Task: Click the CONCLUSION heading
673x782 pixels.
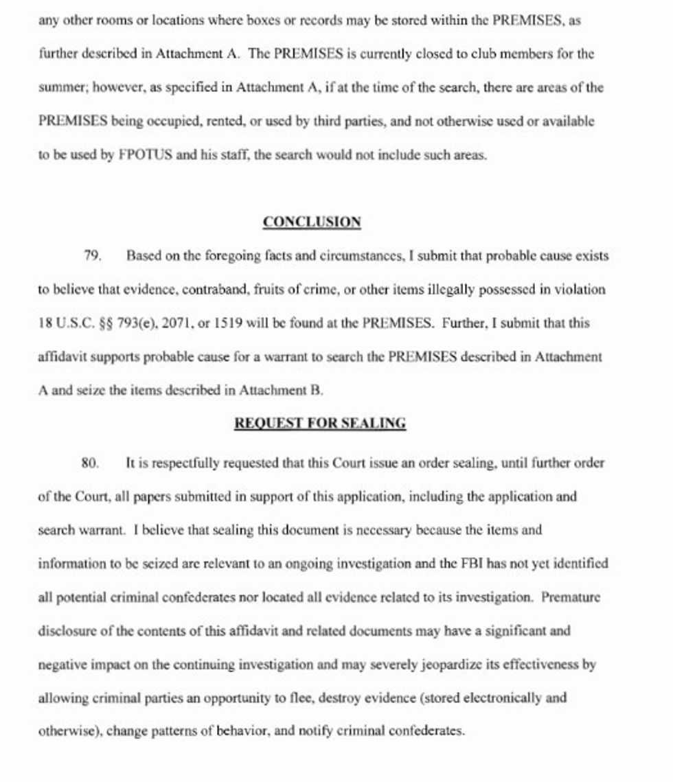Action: click(x=312, y=222)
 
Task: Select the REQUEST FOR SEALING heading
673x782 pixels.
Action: click(x=320, y=424)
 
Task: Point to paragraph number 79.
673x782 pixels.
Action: click(x=93, y=256)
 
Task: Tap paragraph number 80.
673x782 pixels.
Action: click(x=91, y=463)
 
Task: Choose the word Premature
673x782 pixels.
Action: click(x=571, y=597)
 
